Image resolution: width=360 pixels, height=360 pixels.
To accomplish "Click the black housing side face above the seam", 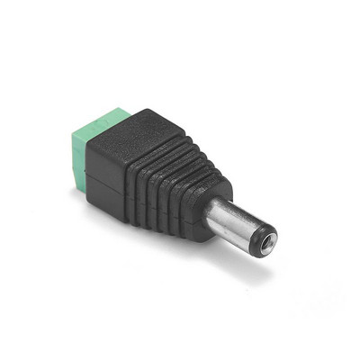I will click(121, 166).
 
